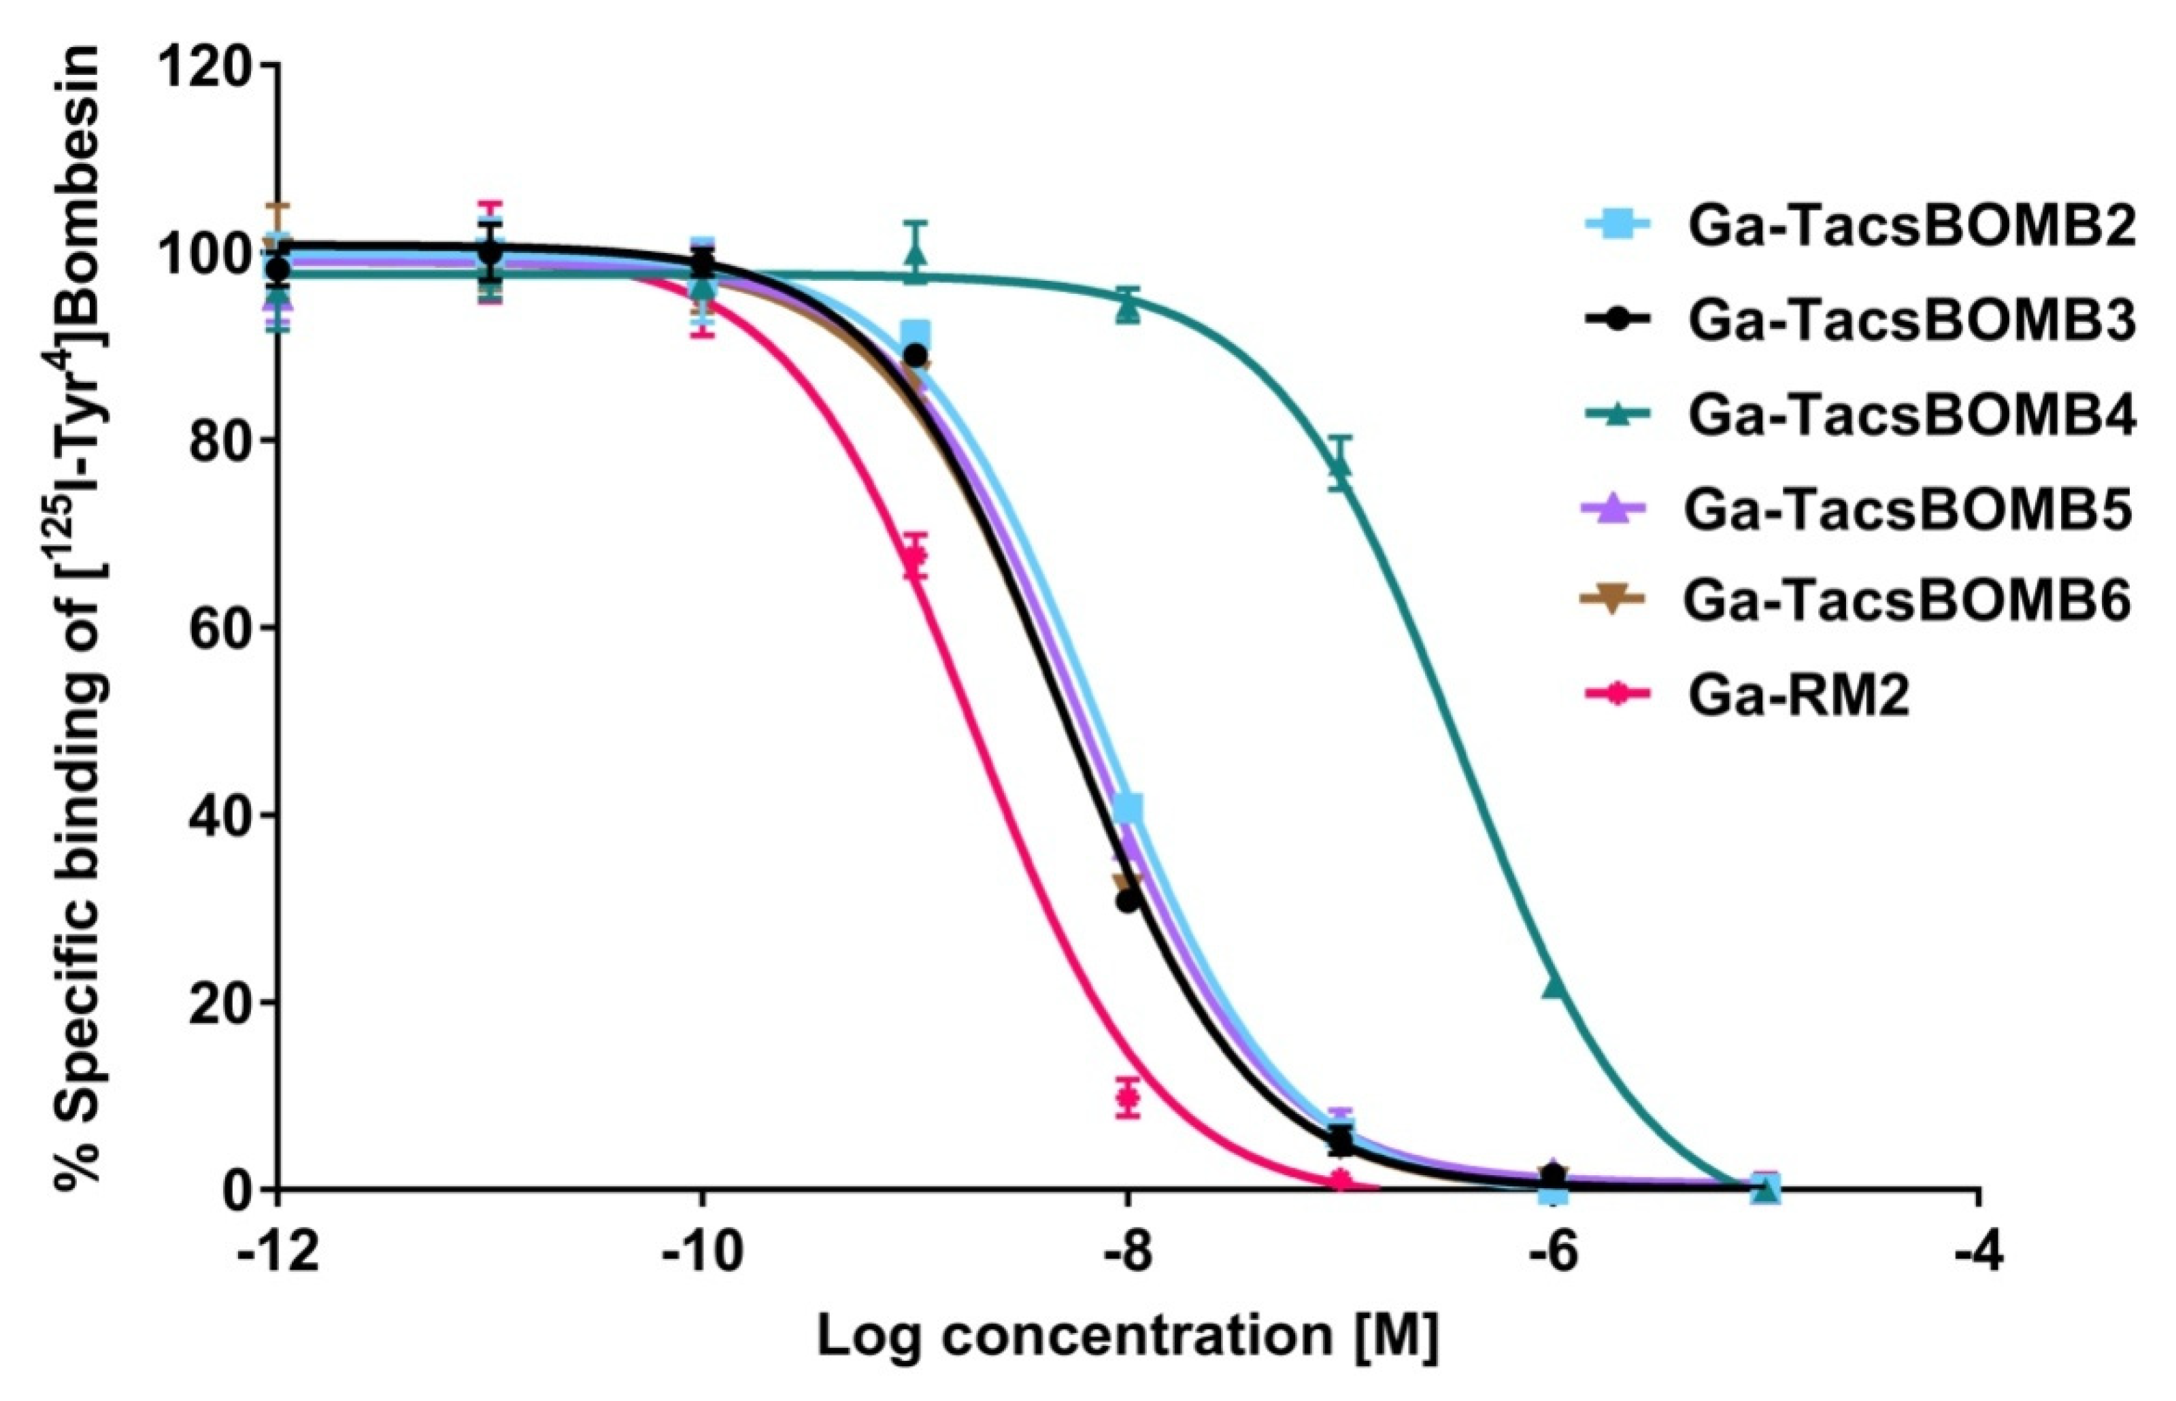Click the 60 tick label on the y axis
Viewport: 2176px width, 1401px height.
click(x=219, y=628)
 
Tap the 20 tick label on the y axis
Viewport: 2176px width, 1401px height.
click(x=219, y=1003)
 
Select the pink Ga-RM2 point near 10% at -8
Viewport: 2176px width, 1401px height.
click(x=1128, y=1096)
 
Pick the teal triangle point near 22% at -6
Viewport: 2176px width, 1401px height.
click(x=1554, y=986)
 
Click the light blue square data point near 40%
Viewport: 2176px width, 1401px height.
click(x=1128, y=808)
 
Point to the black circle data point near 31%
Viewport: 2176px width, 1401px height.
click(x=1127, y=902)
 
